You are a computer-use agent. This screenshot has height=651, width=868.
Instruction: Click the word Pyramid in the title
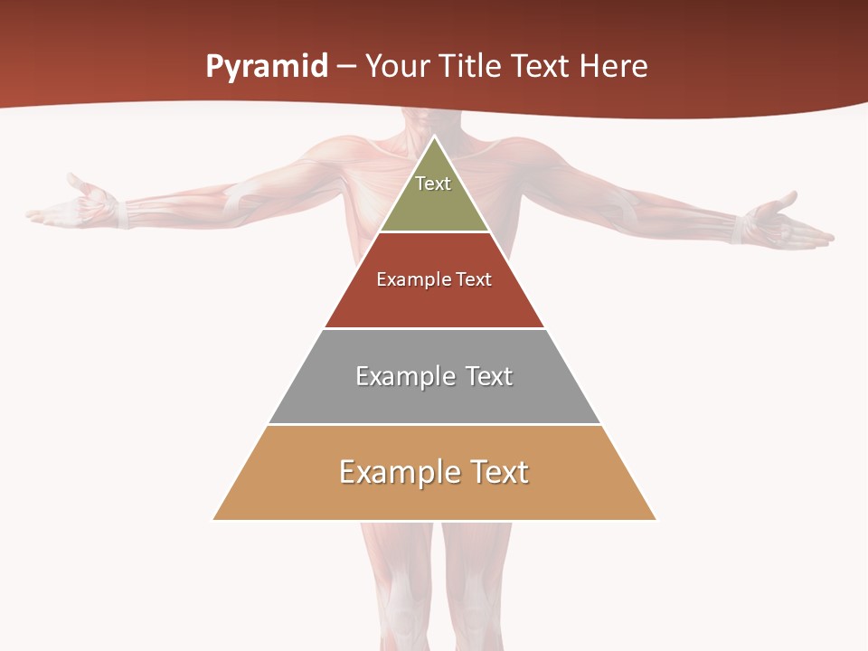pyautogui.click(x=267, y=67)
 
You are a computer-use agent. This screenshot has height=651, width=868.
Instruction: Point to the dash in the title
pyautogui.click(x=346, y=67)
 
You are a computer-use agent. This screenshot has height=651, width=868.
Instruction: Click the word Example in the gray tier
pyautogui.click(x=404, y=376)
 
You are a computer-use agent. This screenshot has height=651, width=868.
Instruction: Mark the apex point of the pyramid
pyautogui.click(x=434, y=137)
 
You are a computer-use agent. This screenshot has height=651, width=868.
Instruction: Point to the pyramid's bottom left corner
pyautogui.click(x=213, y=519)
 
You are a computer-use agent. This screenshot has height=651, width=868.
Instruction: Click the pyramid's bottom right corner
pyautogui.click(x=656, y=519)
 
